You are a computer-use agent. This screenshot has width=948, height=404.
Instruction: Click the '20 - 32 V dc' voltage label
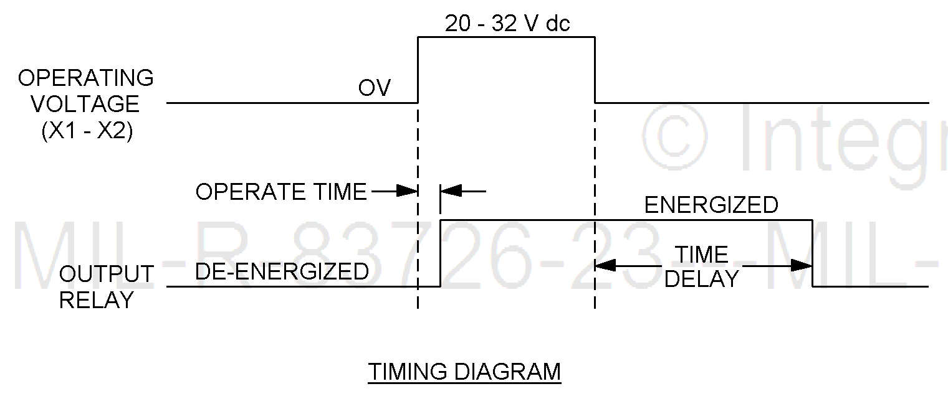coord(507,24)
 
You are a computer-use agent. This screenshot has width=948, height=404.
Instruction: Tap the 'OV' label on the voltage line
coord(374,88)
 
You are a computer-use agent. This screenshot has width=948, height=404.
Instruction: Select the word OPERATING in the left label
coord(86,78)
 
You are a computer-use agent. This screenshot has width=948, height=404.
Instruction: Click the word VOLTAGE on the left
coord(86,104)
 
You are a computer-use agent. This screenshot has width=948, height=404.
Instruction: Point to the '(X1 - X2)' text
coord(87,132)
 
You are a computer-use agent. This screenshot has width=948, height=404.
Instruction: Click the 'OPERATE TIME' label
coord(281,192)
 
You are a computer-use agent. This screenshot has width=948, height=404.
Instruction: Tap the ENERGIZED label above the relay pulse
coord(711,205)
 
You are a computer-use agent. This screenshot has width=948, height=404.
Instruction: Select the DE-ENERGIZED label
coord(282,271)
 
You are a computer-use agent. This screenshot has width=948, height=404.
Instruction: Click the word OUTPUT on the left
coord(107,274)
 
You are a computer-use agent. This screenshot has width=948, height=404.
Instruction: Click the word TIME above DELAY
coord(702,255)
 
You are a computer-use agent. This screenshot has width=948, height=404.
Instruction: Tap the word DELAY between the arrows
coord(702,279)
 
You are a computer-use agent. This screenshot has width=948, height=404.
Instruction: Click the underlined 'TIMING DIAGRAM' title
coord(464,372)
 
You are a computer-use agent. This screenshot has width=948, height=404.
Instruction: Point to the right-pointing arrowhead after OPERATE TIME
coord(408,191)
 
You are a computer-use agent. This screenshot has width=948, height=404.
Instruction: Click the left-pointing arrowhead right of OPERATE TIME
coord(451,191)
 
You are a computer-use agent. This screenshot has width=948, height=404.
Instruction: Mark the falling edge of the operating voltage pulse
coord(595,70)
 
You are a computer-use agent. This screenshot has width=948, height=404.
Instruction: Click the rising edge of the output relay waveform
coord(441,253)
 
